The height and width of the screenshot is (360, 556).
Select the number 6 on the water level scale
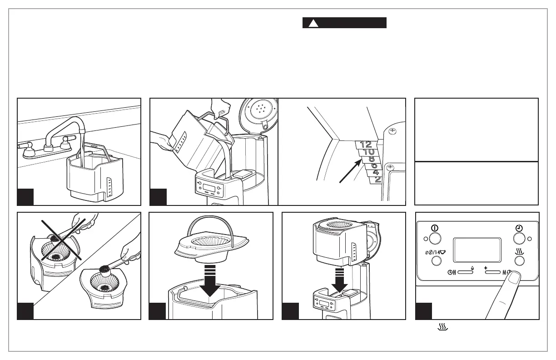pyautogui.click(x=374, y=165)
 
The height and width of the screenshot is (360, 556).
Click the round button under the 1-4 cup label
pyautogui.click(x=436, y=260)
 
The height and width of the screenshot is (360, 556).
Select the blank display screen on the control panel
pyautogui.click(x=477, y=250)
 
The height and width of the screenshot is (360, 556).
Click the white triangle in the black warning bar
pyautogui.click(x=313, y=23)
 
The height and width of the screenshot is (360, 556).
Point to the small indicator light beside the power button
pyautogui.click(x=426, y=239)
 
